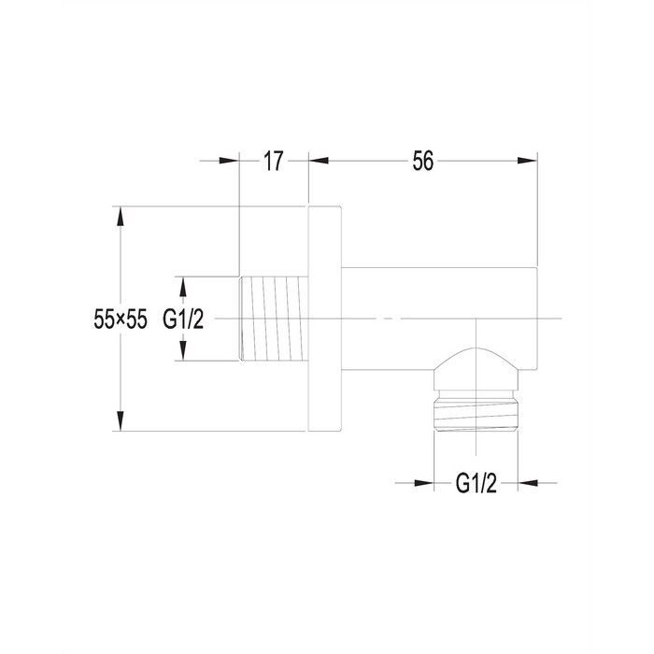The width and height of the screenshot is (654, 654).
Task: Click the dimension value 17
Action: (273, 161)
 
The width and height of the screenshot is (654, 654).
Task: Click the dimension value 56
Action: (423, 161)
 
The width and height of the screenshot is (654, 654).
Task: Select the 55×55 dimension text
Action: (121, 320)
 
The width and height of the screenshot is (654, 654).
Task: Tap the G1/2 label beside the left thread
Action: (183, 320)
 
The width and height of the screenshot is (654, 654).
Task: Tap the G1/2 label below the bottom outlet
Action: (476, 483)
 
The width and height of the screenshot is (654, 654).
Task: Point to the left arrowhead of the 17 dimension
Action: (229, 161)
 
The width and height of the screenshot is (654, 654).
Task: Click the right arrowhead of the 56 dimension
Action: (527, 161)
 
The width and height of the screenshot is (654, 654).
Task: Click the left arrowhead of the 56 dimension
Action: (319, 161)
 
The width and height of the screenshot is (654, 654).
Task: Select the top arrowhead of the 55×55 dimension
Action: (121, 216)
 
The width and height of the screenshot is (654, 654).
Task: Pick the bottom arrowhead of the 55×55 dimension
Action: (121, 420)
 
